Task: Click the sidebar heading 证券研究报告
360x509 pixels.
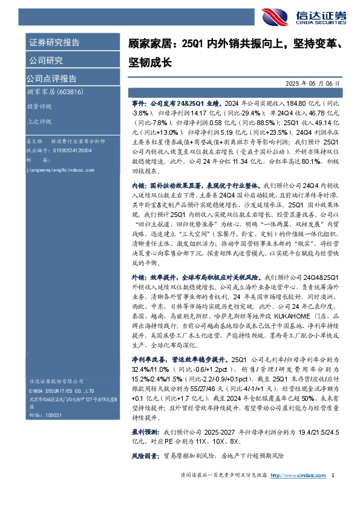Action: pos(54,43)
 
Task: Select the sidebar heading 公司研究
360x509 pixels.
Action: pos(45,60)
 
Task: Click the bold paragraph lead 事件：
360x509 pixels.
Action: pos(140,103)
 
